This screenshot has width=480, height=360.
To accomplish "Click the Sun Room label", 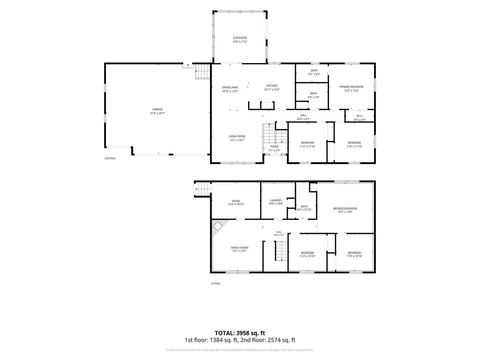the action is (240, 38).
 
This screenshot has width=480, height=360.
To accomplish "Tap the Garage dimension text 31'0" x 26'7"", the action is (157, 113).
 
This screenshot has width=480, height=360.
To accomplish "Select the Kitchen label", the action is (272, 86).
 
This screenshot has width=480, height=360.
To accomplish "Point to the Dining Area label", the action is (230, 87).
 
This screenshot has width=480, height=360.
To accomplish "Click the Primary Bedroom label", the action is (351, 87).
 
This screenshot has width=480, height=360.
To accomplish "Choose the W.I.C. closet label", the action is (360, 116).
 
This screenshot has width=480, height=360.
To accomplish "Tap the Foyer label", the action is (274, 147).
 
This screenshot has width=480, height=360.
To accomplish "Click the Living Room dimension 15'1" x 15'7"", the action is (237, 140).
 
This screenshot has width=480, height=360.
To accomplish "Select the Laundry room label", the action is (276, 200).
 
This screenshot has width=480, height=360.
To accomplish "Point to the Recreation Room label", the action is (345, 209).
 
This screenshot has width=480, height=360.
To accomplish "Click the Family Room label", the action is (239, 248).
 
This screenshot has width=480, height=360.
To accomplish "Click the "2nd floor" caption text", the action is (110, 158).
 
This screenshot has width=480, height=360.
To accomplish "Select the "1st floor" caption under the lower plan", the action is (215, 283).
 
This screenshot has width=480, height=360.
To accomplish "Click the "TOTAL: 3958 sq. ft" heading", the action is (240, 333).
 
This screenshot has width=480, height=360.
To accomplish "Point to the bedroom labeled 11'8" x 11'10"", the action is (354, 143).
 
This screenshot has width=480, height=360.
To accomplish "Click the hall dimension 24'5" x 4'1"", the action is (303, 119).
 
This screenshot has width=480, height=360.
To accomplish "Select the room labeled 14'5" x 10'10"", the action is (236, 201).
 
